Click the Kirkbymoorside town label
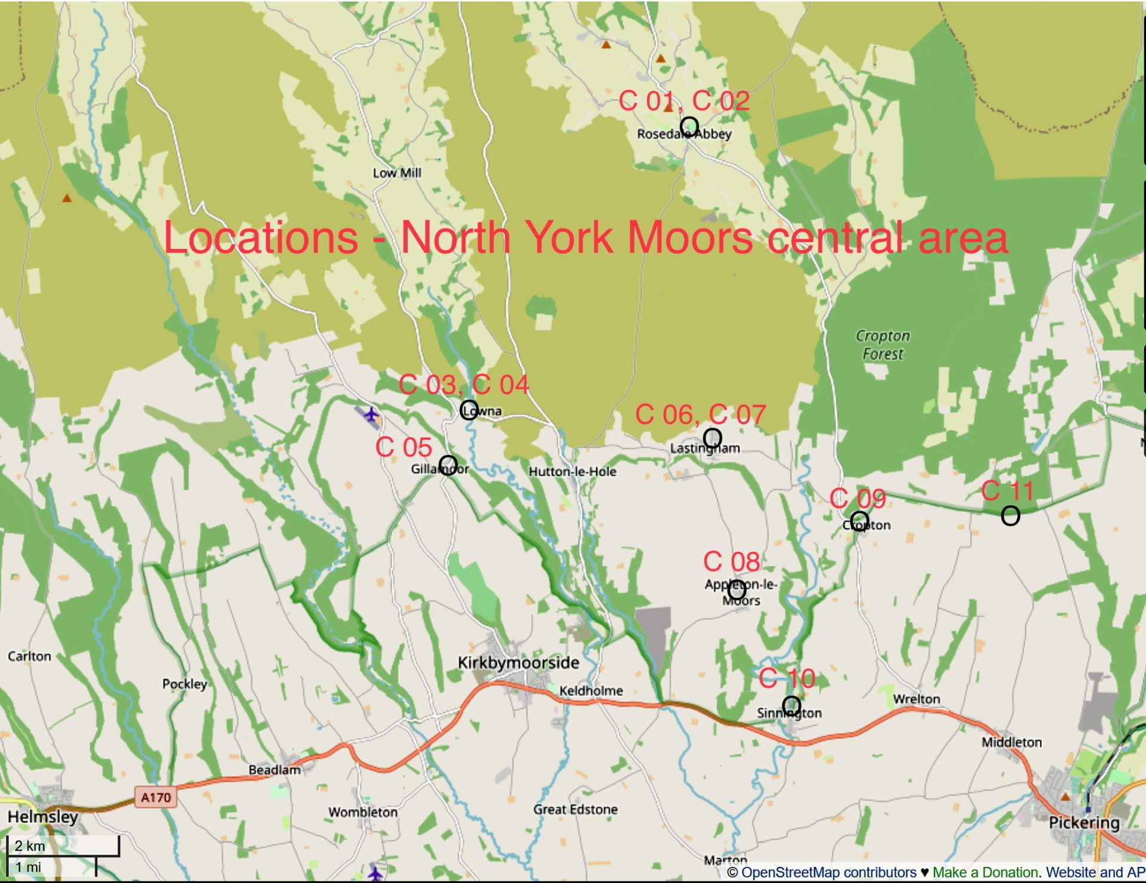518,663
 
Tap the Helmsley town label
42,817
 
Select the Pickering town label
1084,823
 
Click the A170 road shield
156,797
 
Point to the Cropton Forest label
883,345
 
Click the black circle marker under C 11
1010,516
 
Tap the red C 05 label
403,447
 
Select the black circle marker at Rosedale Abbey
689,127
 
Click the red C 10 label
787,679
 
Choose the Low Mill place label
397,173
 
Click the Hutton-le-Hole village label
572,472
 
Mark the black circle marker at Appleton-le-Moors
737,590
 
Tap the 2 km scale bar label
30,846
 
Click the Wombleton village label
362,813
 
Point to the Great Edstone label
575,810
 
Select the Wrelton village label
916,699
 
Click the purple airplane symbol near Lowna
371,414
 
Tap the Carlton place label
29,656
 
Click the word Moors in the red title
691,238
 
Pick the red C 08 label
731,562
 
